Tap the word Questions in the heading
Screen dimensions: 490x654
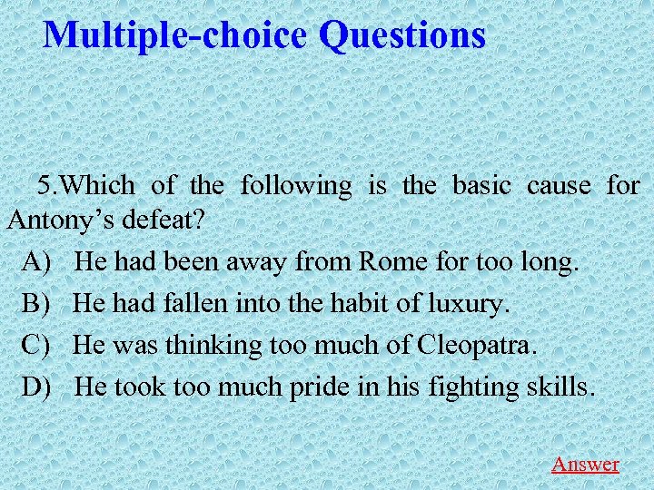click(402, 35)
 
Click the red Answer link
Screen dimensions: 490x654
click(585, 464)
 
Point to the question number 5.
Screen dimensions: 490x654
click(46, 186)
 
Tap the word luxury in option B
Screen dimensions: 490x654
click(467, 304)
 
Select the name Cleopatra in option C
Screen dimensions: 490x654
click(478, 345)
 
